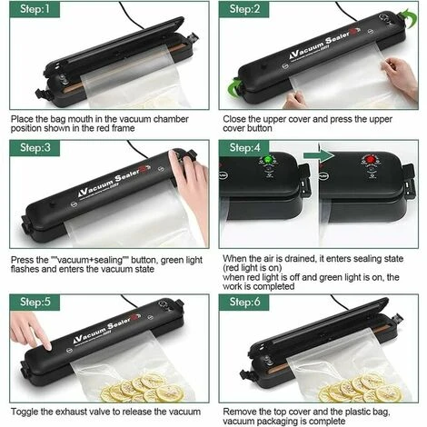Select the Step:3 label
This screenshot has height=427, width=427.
32,148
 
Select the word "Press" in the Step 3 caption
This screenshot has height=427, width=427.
24,259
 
